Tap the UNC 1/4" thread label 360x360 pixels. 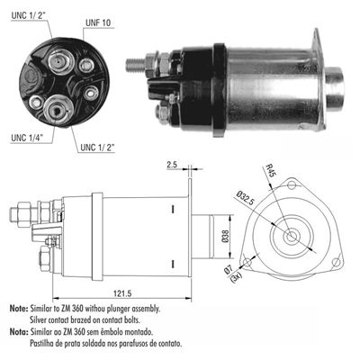(31, 139)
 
